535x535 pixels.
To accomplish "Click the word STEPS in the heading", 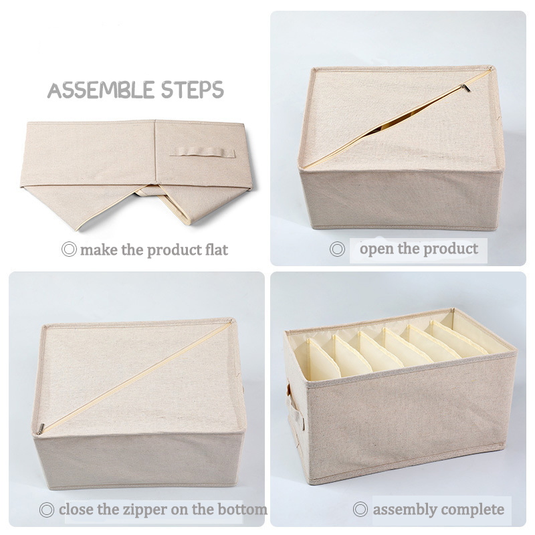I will tap(193, 90).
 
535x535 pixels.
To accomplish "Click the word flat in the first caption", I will tap(215, 250).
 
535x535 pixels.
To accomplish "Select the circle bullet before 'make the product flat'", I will tap(68, 250).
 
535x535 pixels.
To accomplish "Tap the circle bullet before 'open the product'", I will tap(338, 249).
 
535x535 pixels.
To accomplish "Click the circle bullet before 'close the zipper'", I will tap(47, 510).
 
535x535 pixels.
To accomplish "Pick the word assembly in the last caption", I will tap(401, 509).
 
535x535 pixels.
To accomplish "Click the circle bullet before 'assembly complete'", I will tap(360, 510).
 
